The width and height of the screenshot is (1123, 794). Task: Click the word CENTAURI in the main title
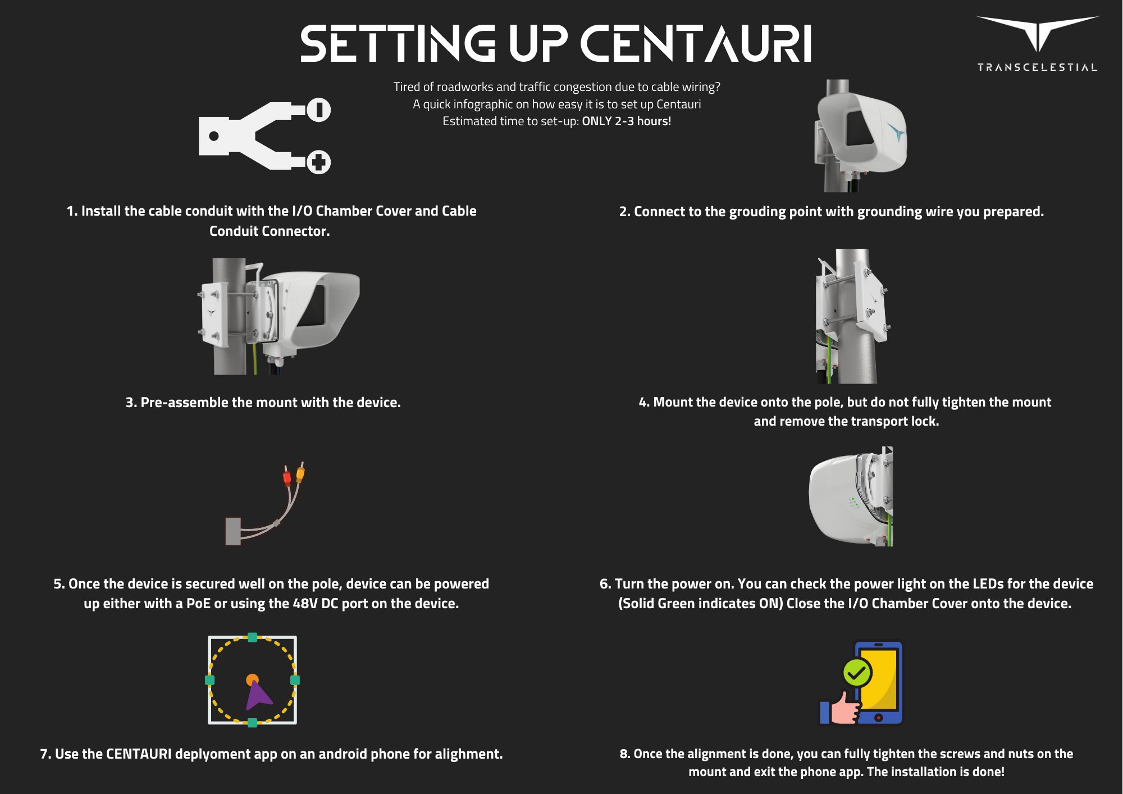(696, 44)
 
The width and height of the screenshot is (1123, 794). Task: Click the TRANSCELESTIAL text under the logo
(1037, 67)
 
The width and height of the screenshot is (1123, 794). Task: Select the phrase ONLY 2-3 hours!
(626, 121)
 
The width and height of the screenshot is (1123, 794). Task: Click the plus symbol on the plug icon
(319, 162)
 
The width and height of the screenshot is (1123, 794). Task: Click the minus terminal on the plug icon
(319, 109)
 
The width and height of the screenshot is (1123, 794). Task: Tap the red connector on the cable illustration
(287, 478)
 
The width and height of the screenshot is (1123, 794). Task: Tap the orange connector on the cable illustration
(300, 473)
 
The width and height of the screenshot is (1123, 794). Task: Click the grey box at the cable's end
(233, 531)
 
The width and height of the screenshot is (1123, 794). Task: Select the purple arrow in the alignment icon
(258, 696)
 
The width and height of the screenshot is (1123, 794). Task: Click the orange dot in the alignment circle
(252, 680)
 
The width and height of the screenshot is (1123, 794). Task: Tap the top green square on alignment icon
(252, 637)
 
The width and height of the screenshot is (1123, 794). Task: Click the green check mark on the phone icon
(857, 672)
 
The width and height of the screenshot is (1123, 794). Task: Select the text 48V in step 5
(305, 604)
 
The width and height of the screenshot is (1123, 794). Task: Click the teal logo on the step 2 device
(896, 133)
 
